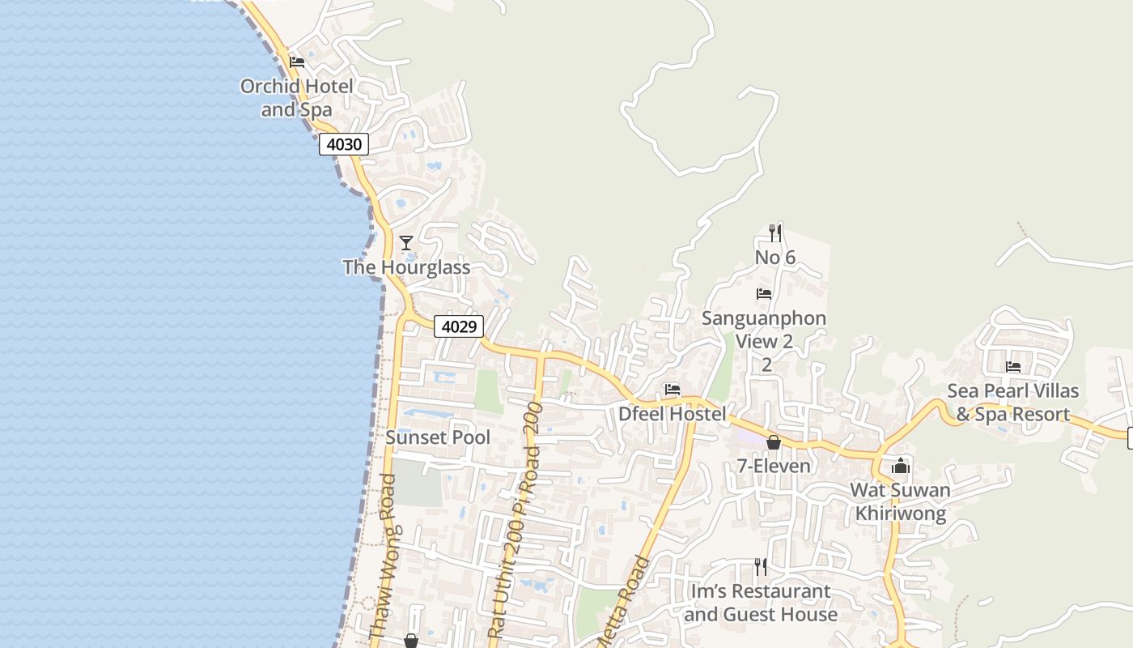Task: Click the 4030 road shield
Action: (344, 145)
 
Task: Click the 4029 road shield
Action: (459, 326)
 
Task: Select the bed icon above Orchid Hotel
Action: (297, 62)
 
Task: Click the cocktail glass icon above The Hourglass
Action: (406, 242)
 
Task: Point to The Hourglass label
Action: (406, 266)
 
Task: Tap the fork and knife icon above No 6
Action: (775, 233)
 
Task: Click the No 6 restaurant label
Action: (775, 258)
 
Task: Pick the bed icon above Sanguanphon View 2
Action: (764, 293)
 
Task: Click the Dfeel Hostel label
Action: (672, 413)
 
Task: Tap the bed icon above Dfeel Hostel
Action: (673, 389)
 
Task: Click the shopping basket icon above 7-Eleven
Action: (774, 442)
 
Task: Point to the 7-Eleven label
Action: (774, 466)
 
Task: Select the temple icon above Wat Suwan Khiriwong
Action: (901, 466)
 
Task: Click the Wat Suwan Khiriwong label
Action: (901, 501)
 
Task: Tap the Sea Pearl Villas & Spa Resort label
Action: (1013, 403)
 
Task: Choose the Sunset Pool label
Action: (438, 437)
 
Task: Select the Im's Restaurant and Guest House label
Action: (761, 603)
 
